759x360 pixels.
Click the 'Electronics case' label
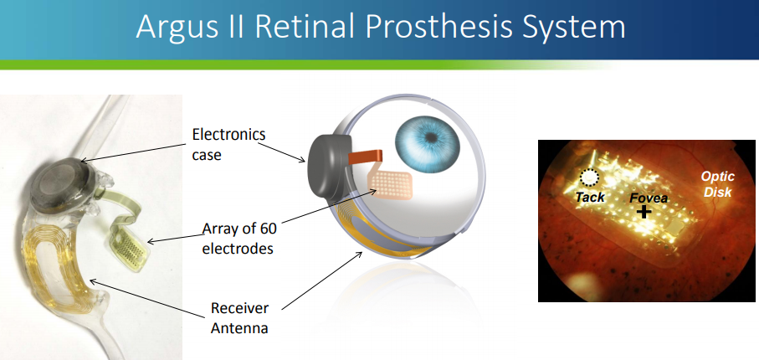tap(229, 144)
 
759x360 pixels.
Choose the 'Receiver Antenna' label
tap(239, 318)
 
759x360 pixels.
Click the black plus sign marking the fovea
tap(644, 211)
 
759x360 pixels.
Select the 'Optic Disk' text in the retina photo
tap(718, 184)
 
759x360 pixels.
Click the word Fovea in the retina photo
tap(649, 198)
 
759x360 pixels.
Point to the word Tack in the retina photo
tap(590, 197)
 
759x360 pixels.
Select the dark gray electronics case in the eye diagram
tap(328, 165)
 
